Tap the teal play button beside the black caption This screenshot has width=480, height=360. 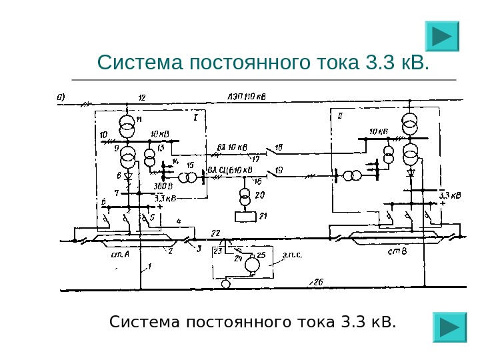pyautogui.click(x=450, y=327)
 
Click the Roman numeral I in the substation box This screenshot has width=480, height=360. pyautogui.click(x=195, y=118)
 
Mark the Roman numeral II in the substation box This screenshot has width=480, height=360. pyautogui.click(x=341, y=115)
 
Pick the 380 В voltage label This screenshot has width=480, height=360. pyautogui.click(x=163, y=186)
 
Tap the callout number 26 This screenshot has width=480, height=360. pyautogui.click(x=318, y=283)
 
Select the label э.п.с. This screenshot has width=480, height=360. pyautogui.click(x=291, y=254)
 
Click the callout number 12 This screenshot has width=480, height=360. pyautogui.click(x=141, y=98)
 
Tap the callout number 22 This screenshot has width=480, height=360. pyautogui.click(x=215, y=232)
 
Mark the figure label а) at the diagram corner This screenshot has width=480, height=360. pyautogui.click(x=61, y=96)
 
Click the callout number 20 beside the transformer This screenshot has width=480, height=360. pyautogui.click(x=260, y=195)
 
